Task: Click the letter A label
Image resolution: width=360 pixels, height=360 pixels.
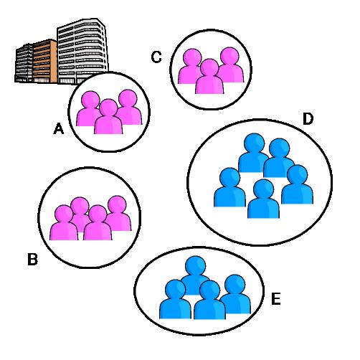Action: pyautogui.click(x=59, y=128)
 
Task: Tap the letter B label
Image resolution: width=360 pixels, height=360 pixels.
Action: pyautogui.click(x=32, y=259)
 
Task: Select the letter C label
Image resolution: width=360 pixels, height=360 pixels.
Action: pyautogui.click(x=156, y=57)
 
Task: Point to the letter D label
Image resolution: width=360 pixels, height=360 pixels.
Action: pyautogui.click(x=308, y=119)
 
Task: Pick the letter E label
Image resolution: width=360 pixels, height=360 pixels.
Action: pyautogui.click(x=276, y=299)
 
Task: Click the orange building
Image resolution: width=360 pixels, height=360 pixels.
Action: pyautogui.click(x=45, y=61)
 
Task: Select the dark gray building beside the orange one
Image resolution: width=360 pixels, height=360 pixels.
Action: pyautogui.click(x=24, y=63)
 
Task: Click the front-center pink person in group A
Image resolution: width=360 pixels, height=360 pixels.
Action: pyautogui.click(x=108, y=117)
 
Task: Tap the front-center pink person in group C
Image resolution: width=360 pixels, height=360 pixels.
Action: pyautogui.click(x=209, y=77)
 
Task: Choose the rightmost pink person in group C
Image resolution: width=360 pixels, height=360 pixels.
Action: pyautogui.click(x=230, y=65)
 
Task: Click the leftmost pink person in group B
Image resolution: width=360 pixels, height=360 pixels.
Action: pyautogui.click(x=64, y=223)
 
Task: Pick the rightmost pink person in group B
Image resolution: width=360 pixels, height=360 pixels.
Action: pyautogui.click(x=118, y=213)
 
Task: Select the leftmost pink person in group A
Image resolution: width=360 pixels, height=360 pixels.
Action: pyautogui.click(x=89, y=108)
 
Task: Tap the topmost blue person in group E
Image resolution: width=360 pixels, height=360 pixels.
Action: pyautogui.click(x=195, y=275)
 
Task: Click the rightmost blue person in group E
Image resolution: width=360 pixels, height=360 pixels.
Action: pyautogui.click(x=235, y=294)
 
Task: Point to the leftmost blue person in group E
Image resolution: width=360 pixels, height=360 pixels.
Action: pyautogui.click(x=175, y=299)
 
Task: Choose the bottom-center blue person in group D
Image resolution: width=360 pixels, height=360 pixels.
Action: pyautogui.click(x=263, y=199)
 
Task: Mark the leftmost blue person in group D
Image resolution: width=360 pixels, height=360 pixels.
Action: pyautogui.click(x=229, y=187)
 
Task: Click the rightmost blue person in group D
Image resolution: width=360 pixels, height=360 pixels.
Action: pyautogui.click(x=298, y=184)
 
